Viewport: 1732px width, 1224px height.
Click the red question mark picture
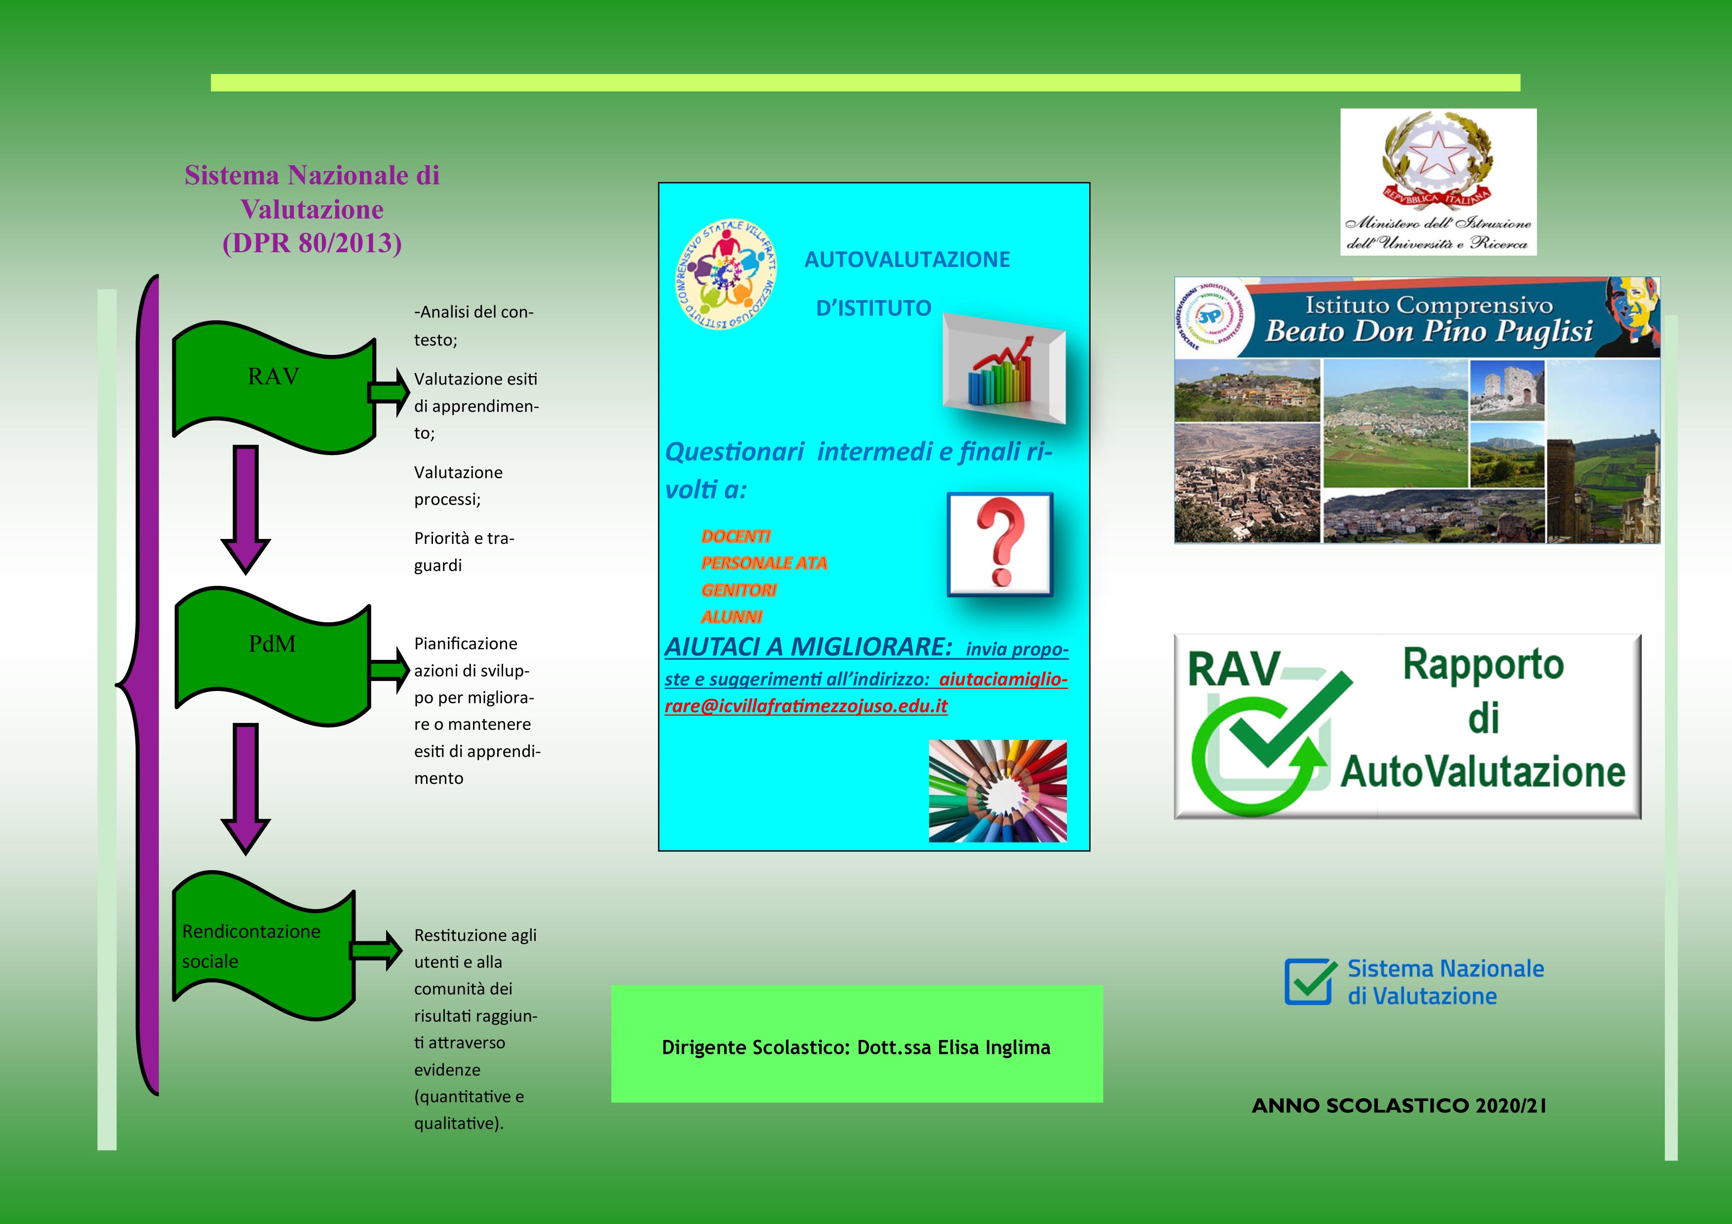[x=999, y=544]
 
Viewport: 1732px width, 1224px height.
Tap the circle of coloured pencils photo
[x=997, y=790]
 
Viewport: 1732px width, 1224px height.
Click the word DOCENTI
[x=736, y=536]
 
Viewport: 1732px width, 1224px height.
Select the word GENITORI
[x=739, y=590]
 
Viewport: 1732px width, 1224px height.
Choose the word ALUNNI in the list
[x=731, y=617]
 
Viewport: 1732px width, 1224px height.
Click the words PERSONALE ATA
[x=763, y=563]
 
